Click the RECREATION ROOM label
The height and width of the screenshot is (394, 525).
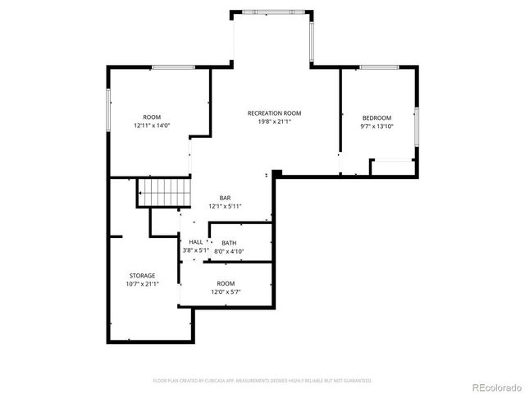pyautogui.click(x=275, y=113)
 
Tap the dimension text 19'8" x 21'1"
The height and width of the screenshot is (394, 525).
pyautogui.click(x=275, y=121)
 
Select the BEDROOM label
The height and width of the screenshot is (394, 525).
pyautogui.click(x=377, y=117)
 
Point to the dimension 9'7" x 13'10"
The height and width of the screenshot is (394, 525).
pyautogui.click(x=377, y=126)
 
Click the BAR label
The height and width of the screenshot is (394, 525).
pyautogui.click(x=225, y=198)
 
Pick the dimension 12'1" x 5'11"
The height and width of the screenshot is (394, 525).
pyautogui.click(x=225, y=206)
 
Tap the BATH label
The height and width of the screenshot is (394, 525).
pyautogui.click(x=229, y=243)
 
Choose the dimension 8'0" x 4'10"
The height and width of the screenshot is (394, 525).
pyautogui.click(x=229, y=251)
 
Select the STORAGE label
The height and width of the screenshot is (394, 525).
pyautogui.click(x=142, y=275)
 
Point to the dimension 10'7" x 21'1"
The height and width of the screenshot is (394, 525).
pyautogui.click(x=142, y=283)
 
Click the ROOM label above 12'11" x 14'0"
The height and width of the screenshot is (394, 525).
pyautogui.click(x=152, y=117)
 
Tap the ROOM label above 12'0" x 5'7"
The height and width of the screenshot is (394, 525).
pyautogui.click(x=225, y=283)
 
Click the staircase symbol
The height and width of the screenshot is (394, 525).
pyautogui.click(x=163, y=193)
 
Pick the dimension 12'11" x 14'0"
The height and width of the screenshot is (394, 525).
pyautogui.click(x=152, y=126)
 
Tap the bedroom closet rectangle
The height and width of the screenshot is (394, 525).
pyautogui.click(x=391, y=167)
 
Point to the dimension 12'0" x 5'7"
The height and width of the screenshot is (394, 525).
pyautogui.click(x=225, y=291)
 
